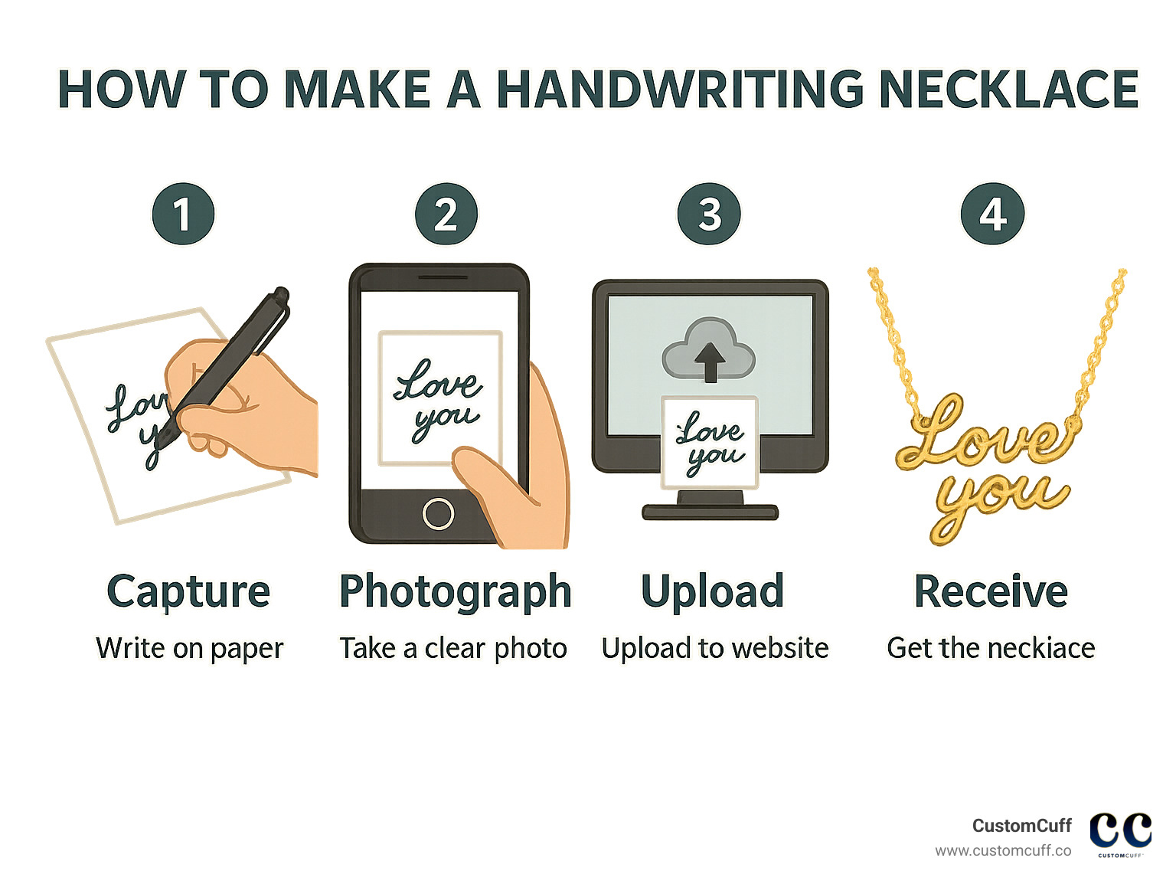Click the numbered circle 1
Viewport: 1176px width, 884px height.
point(183,214)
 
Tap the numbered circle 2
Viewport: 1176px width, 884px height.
point(446,214)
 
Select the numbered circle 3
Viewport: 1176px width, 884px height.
point(710,214)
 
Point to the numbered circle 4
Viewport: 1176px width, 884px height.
point(992,214)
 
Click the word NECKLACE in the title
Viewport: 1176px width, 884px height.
point(1008,90)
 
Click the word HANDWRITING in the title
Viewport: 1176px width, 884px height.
point(681,90)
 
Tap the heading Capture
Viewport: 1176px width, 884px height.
point(188,592)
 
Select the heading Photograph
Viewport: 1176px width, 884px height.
point(456,592)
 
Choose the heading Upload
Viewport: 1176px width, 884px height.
point(712,592)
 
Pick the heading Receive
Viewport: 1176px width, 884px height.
point(991,592)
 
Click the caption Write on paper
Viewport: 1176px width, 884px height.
point(189,649)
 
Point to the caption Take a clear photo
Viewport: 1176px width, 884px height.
point(453,649)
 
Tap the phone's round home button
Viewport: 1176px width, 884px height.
point(438,513)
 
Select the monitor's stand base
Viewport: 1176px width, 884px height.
point(710,511)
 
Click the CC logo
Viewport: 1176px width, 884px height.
point(1120,831)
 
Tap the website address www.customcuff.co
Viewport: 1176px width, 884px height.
point(1003,851)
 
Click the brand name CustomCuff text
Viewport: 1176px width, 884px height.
point(1021,826)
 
